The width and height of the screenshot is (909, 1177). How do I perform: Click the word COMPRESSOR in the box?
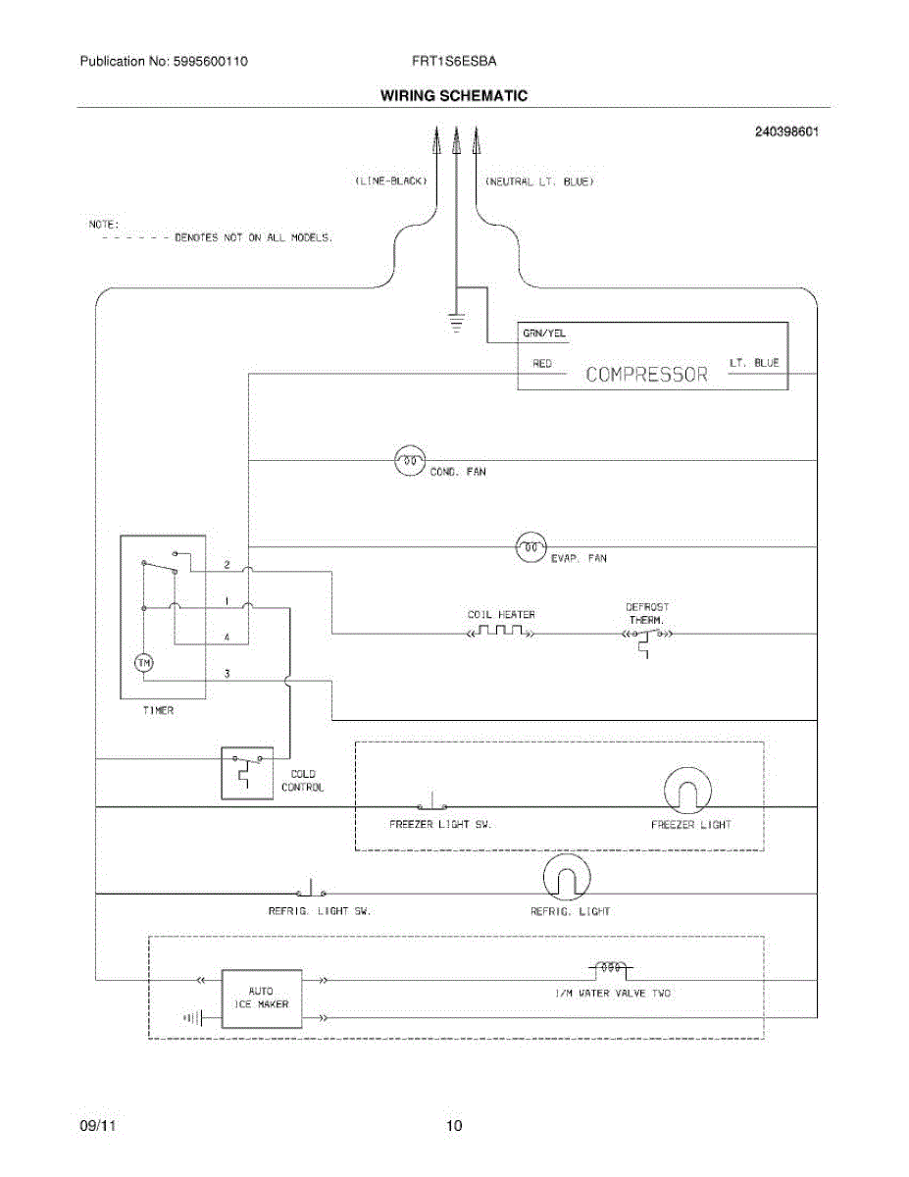(646, 375)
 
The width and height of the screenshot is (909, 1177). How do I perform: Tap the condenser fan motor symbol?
(409, 460)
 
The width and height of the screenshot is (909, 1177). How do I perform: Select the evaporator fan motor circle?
(530, 547)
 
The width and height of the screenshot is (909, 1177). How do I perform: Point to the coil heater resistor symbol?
(501, 631)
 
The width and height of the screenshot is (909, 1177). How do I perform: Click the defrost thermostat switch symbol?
(647, 640)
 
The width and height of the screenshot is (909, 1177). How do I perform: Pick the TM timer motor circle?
(143, 663)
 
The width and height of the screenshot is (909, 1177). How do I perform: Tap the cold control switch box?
(247, 773)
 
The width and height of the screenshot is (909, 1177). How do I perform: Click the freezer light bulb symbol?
(687, 791)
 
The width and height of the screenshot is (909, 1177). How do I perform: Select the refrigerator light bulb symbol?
(567, 878)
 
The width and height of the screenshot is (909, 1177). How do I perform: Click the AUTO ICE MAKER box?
(262, 998)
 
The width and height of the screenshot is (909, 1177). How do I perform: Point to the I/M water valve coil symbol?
(611, 968)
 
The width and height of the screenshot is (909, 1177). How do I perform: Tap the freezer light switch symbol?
(432, 801)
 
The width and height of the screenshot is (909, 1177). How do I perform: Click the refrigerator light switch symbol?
(311, 889)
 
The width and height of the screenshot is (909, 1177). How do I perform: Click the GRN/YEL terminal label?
(543, 333)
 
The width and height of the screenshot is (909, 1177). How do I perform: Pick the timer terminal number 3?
(227, 673)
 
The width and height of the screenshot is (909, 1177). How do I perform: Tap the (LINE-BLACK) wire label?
(391, 180)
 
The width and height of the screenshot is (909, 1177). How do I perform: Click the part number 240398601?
(786, 131)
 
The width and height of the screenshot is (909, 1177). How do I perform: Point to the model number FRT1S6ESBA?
(454, 61)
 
